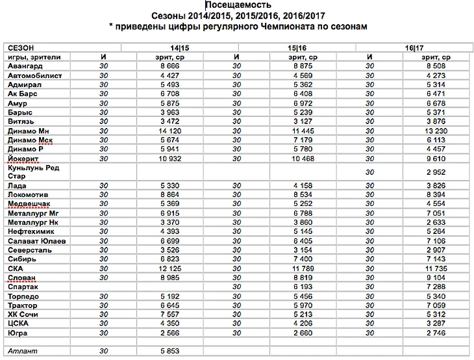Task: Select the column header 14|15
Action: pyautogui.click(x=180, y=48)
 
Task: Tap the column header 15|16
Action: pyautogui.click(x=297, y=48)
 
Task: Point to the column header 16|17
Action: pyautogui.click(x=414, y=48)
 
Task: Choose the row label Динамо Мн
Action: pyautogui.click(x=29, y=131)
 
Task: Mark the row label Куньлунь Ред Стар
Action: pyautogui.click(x=33, y=172)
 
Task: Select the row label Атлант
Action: pyautogui.click(x=23, y=351)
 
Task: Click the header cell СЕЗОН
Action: pyautogui.click(x=21, y=48)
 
